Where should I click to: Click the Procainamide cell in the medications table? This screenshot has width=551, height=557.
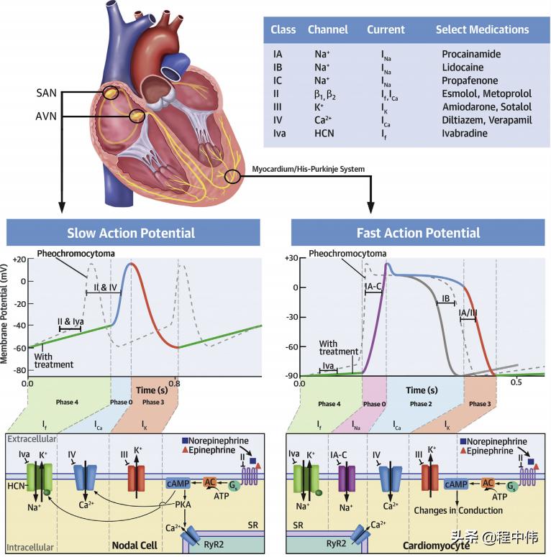(x=471, y=55)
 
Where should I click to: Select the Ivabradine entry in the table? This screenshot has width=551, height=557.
(x=465, y=133)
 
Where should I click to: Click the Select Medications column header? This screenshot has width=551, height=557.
(x=482, y=30)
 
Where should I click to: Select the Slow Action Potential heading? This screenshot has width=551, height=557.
(x=131, y=233)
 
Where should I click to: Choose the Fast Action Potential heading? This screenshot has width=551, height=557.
(x=418, y=233)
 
